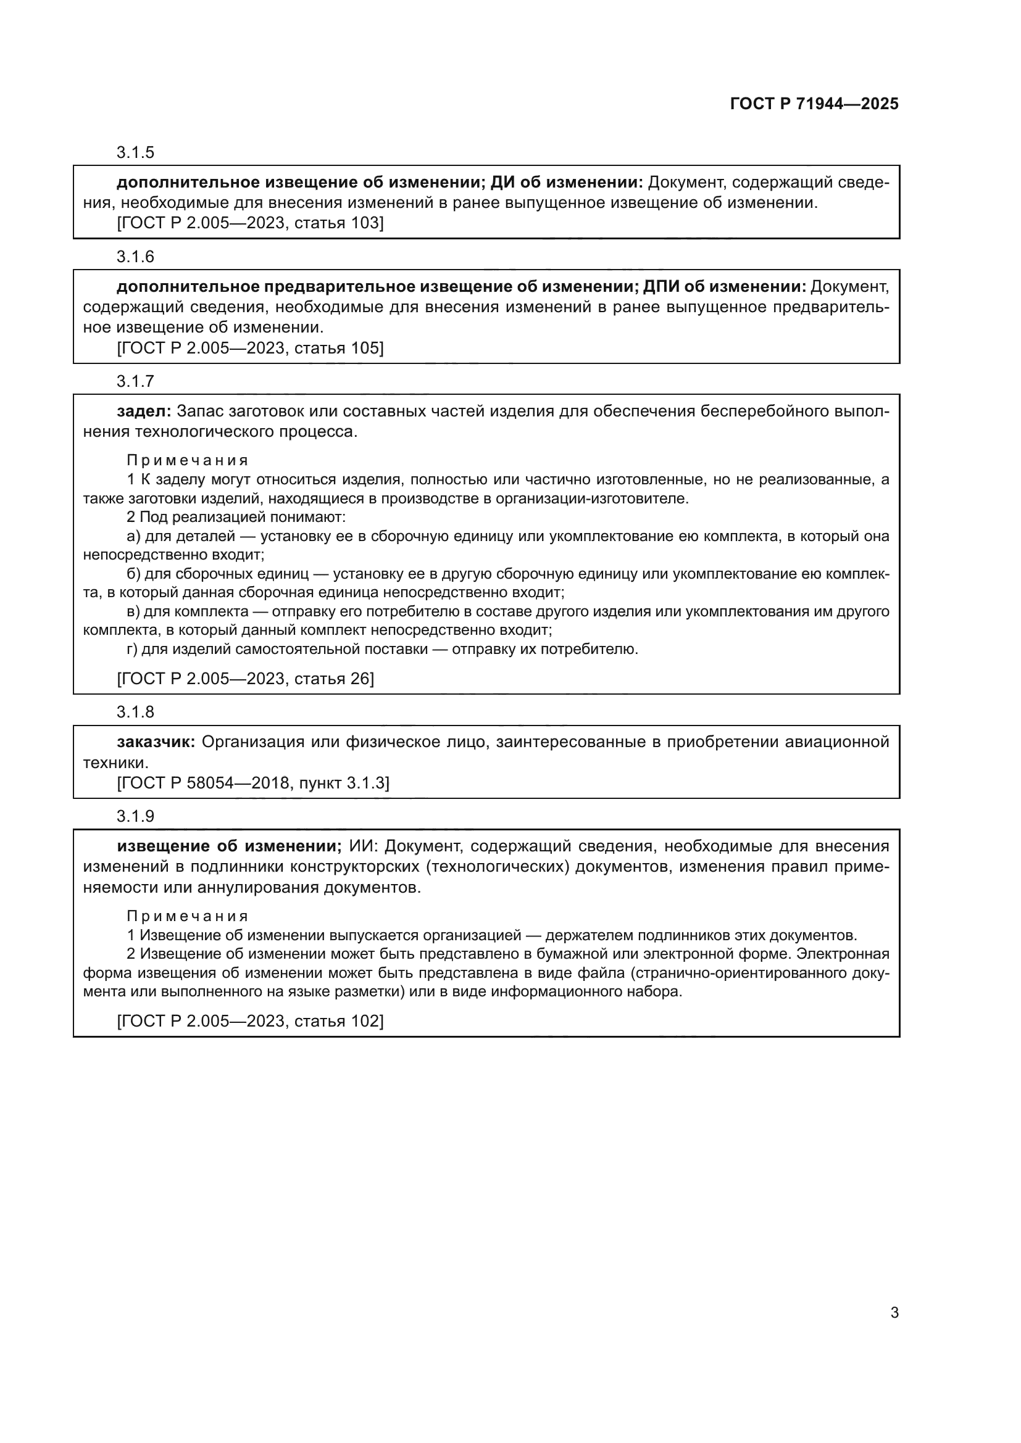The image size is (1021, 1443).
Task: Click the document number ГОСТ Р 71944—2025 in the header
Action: click(x=814, y=104)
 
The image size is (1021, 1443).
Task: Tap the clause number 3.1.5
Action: click(x=135, y=153)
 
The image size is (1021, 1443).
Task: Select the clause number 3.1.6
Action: click(x=135, y=257)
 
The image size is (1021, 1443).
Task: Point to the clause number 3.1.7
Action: click(x=135, y=381)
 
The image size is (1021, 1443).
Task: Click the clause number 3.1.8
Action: click(x=135, y=712)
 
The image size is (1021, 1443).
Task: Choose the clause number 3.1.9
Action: click(x=135, y=816)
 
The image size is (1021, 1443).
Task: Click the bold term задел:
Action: click(x=144, y=411)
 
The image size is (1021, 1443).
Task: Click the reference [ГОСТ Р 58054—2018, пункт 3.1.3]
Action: click(x=252, y=783)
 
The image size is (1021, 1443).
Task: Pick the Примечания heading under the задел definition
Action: click(x=188, y=461)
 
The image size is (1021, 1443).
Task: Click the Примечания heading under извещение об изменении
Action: click(x=188, y=916)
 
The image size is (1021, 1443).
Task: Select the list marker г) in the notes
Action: click(x=133, y=649)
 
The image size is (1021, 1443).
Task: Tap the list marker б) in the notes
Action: click(x=133, y=574)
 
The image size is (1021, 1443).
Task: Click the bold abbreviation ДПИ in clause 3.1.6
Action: click(x=660, y=287)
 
